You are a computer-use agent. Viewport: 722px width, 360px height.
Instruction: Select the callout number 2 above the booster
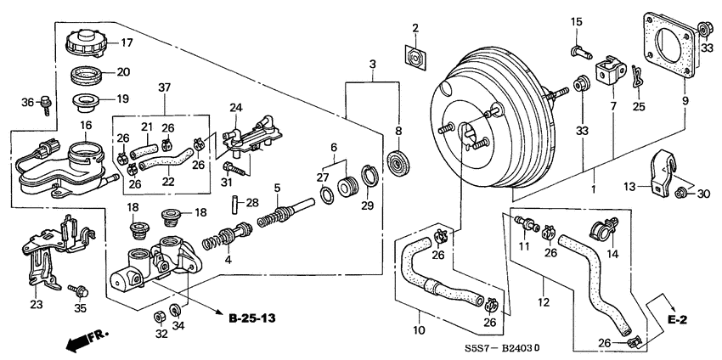[x=415, y=30]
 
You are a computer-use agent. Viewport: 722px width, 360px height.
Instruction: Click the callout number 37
[x=164, y=87]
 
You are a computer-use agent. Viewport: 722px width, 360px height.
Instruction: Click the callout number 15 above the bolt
[x=576, y=21]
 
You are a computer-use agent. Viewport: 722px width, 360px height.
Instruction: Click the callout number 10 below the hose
[x=419, y=330]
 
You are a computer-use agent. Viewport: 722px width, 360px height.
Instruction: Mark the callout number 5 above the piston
[x=276, y=188]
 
